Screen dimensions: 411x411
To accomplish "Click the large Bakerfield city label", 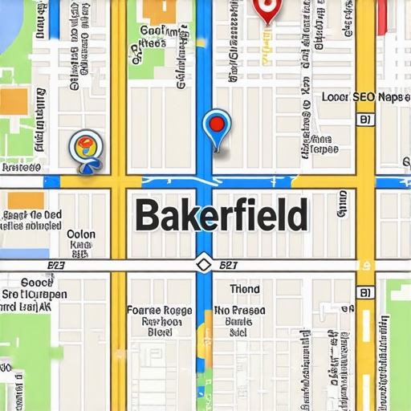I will (221, 215).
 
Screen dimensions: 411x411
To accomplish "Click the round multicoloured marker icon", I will (84, 147).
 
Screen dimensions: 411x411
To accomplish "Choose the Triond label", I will (244, 289).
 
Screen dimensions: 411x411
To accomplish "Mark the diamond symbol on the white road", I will (203, 264).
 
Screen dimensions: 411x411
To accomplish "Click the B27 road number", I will (230, 264).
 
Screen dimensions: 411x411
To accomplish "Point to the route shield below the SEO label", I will (365, 120).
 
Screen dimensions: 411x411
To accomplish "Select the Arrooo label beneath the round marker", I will (22, 169).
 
